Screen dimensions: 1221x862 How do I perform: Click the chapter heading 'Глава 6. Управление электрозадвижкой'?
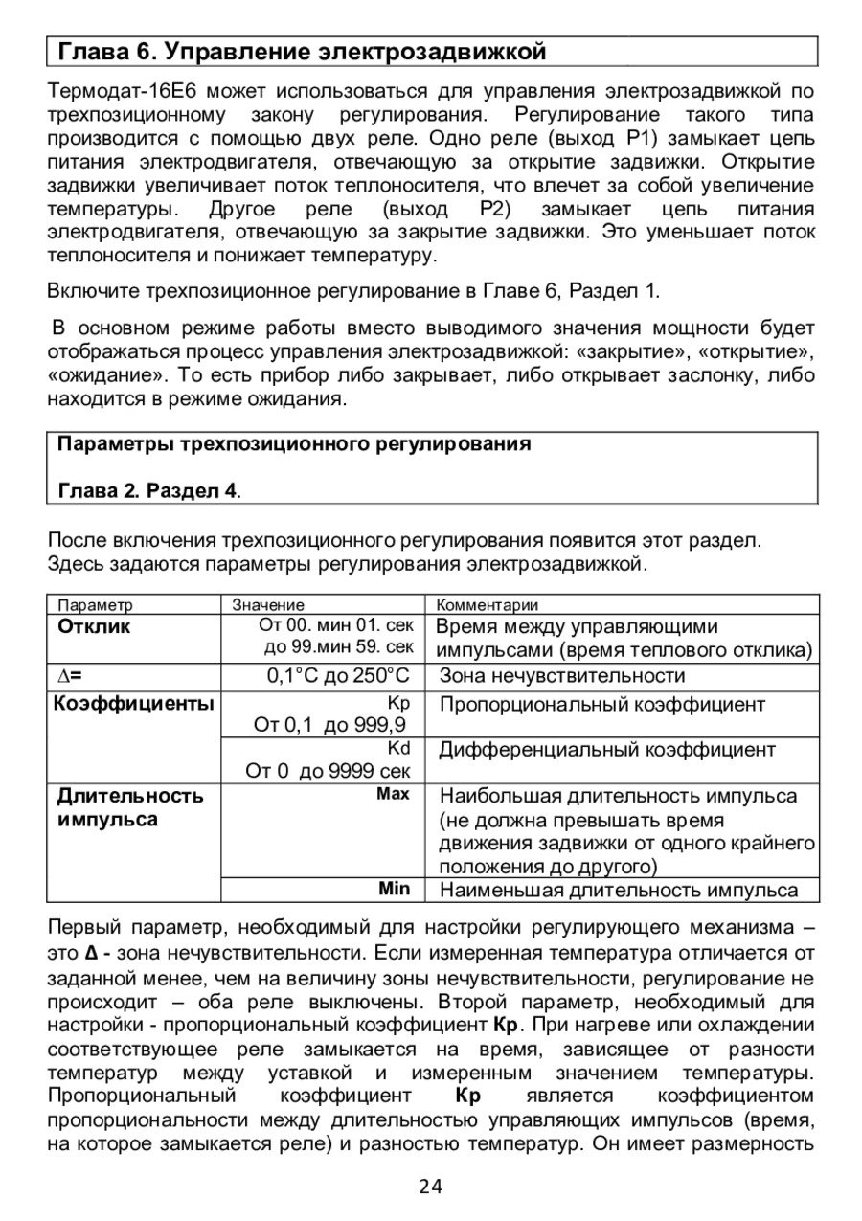coord(303,51)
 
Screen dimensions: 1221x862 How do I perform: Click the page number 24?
coord(431,1187)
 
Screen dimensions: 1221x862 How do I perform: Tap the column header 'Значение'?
coord(269,605)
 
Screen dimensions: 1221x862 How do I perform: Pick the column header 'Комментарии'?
coord(488,605)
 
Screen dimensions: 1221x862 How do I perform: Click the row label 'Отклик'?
coord(94,627)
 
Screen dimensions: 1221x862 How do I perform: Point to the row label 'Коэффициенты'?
coord(133,705)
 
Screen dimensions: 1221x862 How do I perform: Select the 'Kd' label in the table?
coord(398,748)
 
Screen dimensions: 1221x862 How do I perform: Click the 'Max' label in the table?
coord(394,794)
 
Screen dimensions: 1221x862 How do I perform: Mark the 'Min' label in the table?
coord(394,889)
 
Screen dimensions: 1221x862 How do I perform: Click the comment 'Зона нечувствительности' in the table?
coord(562,677)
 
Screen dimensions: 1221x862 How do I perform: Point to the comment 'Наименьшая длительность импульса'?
coord(618,891)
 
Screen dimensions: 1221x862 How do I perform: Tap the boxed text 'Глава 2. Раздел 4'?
coord(147,491)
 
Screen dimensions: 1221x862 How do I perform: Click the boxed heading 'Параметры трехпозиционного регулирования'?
coord(294,444)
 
